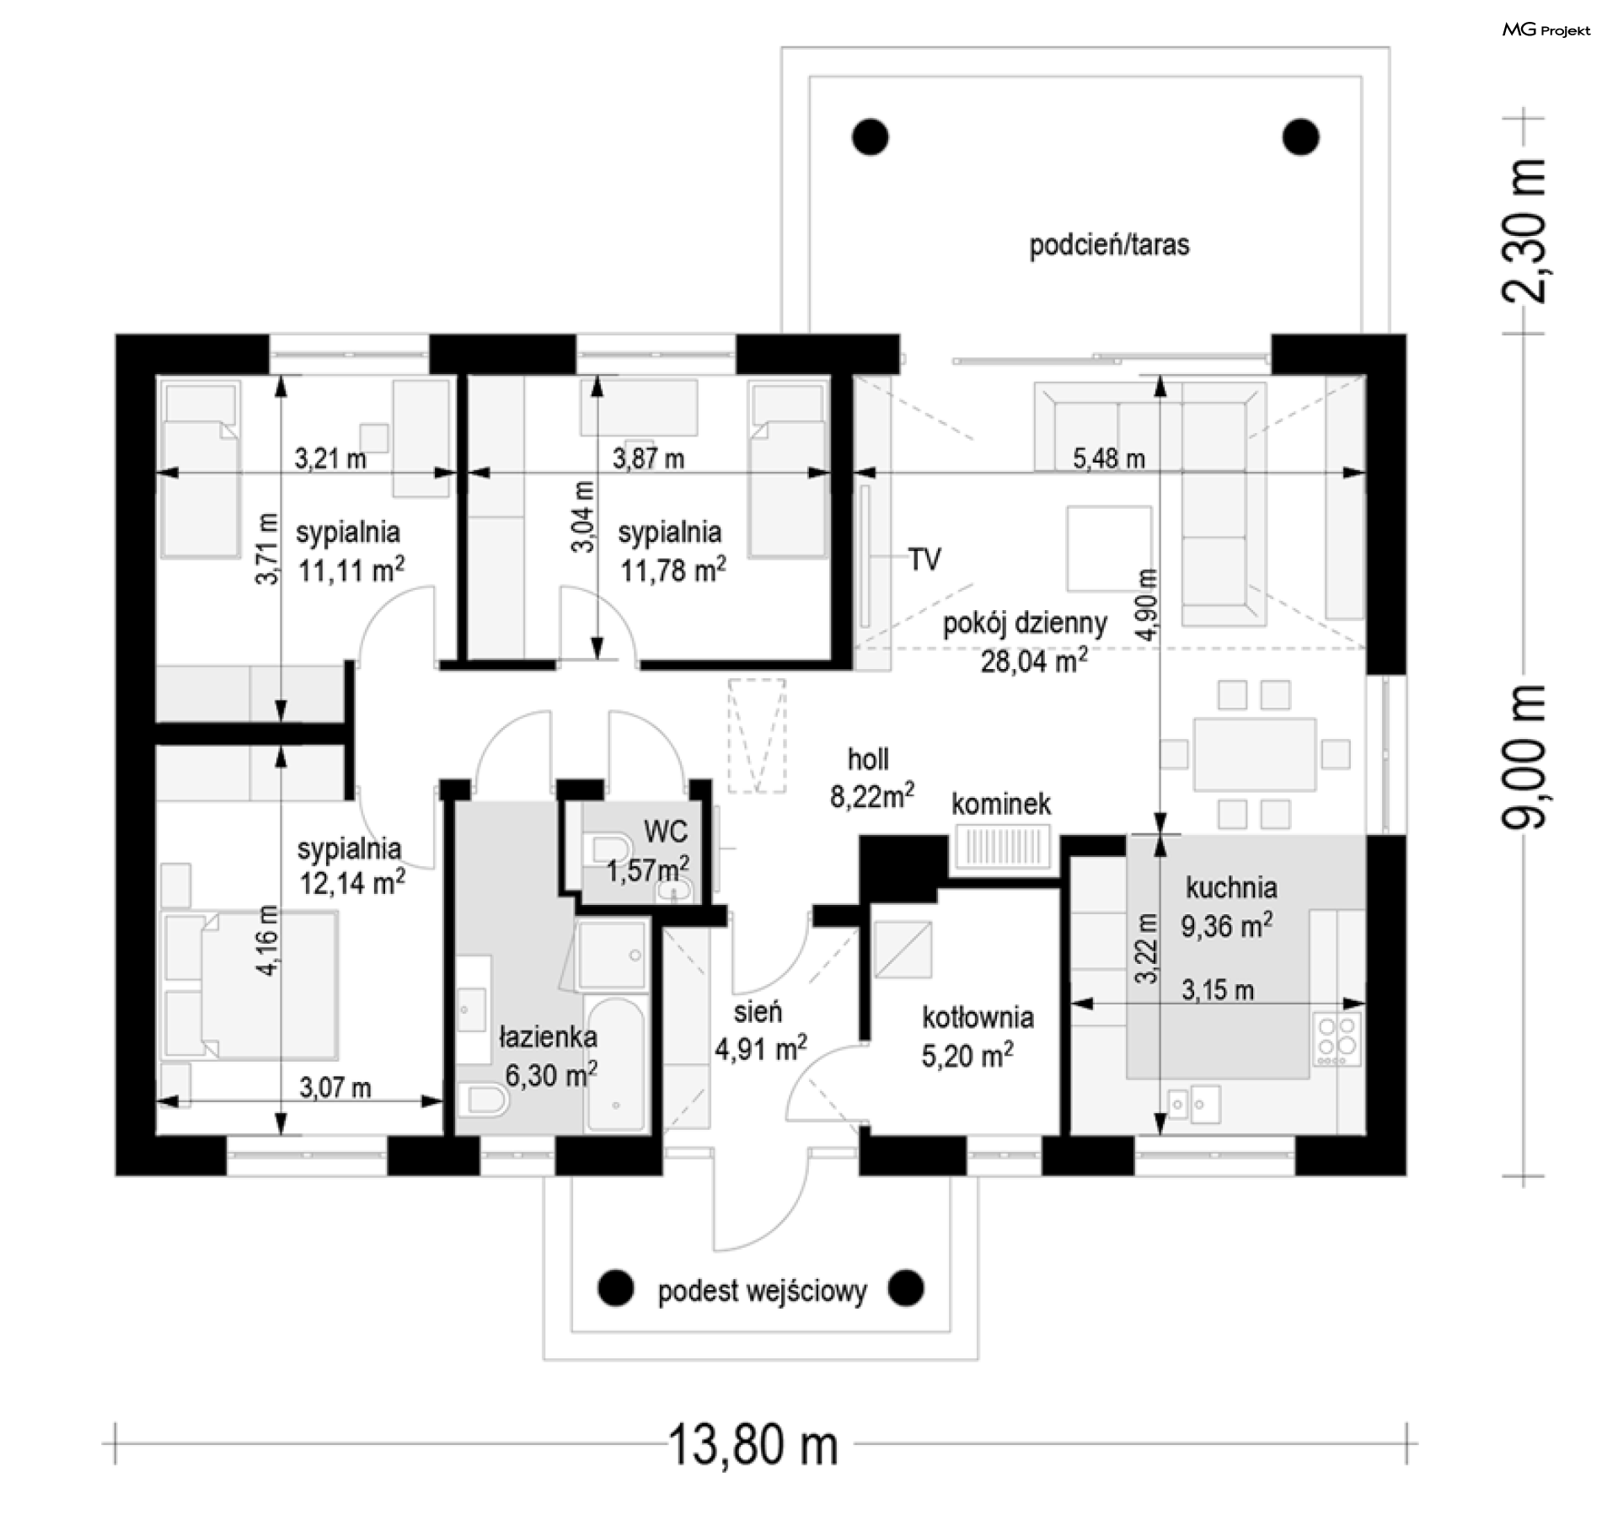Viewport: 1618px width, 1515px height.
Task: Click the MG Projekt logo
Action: (1546, 30)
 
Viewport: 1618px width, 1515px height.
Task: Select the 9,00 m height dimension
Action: (1526, 755)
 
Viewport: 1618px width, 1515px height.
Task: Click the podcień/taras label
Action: (1109, 245)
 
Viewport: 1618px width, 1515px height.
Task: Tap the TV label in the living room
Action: (924, 559)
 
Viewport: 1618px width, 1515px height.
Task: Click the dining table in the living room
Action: (1253, 754)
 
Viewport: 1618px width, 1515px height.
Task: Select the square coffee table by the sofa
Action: (1108, 548)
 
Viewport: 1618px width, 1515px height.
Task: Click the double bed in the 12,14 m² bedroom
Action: (253, 985)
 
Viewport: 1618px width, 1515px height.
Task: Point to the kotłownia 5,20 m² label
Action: (977, 1036)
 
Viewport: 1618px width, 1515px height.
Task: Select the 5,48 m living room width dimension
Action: (1108, 460)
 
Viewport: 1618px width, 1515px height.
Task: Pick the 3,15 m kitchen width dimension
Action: (1217, 990)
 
